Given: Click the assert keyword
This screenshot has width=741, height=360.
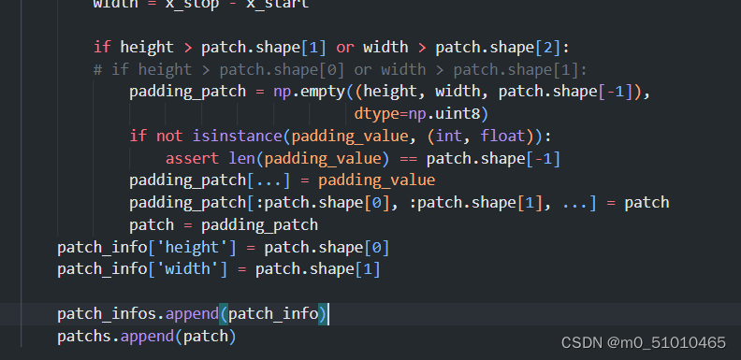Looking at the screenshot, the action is (x=191, y=158).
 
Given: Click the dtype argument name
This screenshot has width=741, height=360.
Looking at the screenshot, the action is (x=376, y=114).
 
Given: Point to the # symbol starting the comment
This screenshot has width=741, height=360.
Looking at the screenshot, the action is (x=97, y=69).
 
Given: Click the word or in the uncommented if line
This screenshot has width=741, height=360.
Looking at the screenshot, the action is (x=343, y=47).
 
